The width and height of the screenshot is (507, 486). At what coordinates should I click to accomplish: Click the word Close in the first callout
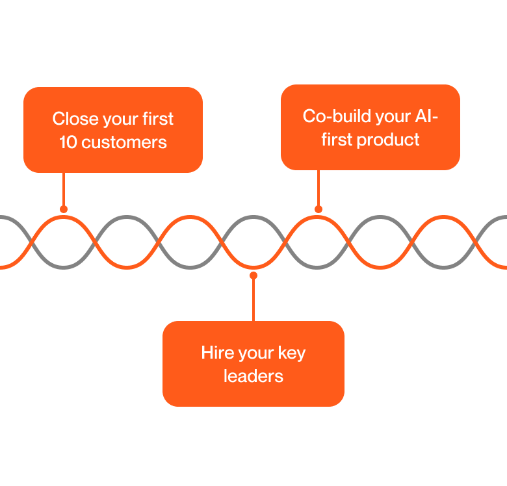click(71, 119)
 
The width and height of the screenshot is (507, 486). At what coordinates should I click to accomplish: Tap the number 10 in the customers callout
click(68, 142)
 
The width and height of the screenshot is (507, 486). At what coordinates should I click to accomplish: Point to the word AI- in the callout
click(426, 116)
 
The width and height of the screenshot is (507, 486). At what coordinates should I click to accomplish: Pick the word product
click(389, 140)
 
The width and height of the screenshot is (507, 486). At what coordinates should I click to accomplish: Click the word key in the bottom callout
click(291, 354)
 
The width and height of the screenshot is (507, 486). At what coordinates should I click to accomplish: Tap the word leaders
click(253, 376)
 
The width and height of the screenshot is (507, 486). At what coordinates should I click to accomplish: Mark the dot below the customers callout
click(63, 209)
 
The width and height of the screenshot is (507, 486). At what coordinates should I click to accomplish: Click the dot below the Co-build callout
click(318, 209)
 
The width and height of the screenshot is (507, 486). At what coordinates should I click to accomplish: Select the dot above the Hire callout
click(253, 275)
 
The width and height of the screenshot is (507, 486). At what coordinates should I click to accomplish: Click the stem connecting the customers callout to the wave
click(63, 190)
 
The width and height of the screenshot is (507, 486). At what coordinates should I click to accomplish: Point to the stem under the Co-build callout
click(318, 188)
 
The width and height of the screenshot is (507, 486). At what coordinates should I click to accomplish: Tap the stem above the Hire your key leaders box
click(253, 299)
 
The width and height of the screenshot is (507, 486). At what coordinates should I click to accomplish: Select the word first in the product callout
click(336, 140)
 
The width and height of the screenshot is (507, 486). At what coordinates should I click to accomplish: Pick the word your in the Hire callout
click(256, 354)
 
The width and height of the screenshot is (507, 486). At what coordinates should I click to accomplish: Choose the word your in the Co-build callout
click(385, 118)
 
